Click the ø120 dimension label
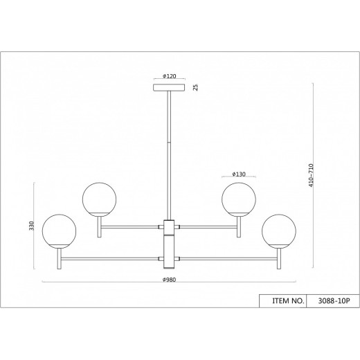(x=169, y=76)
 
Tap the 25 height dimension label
(x=195, y=87)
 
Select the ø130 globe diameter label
(x=239, y=174)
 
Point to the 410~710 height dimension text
(x=312, y=175)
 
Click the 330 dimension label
(x=31, y=226)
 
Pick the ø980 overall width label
(x=169, y=280)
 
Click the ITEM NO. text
(x=288, y=301)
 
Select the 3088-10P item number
(x=334, y=301)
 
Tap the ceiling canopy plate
(x=169, y=87)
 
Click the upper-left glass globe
(x=99, y=199)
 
